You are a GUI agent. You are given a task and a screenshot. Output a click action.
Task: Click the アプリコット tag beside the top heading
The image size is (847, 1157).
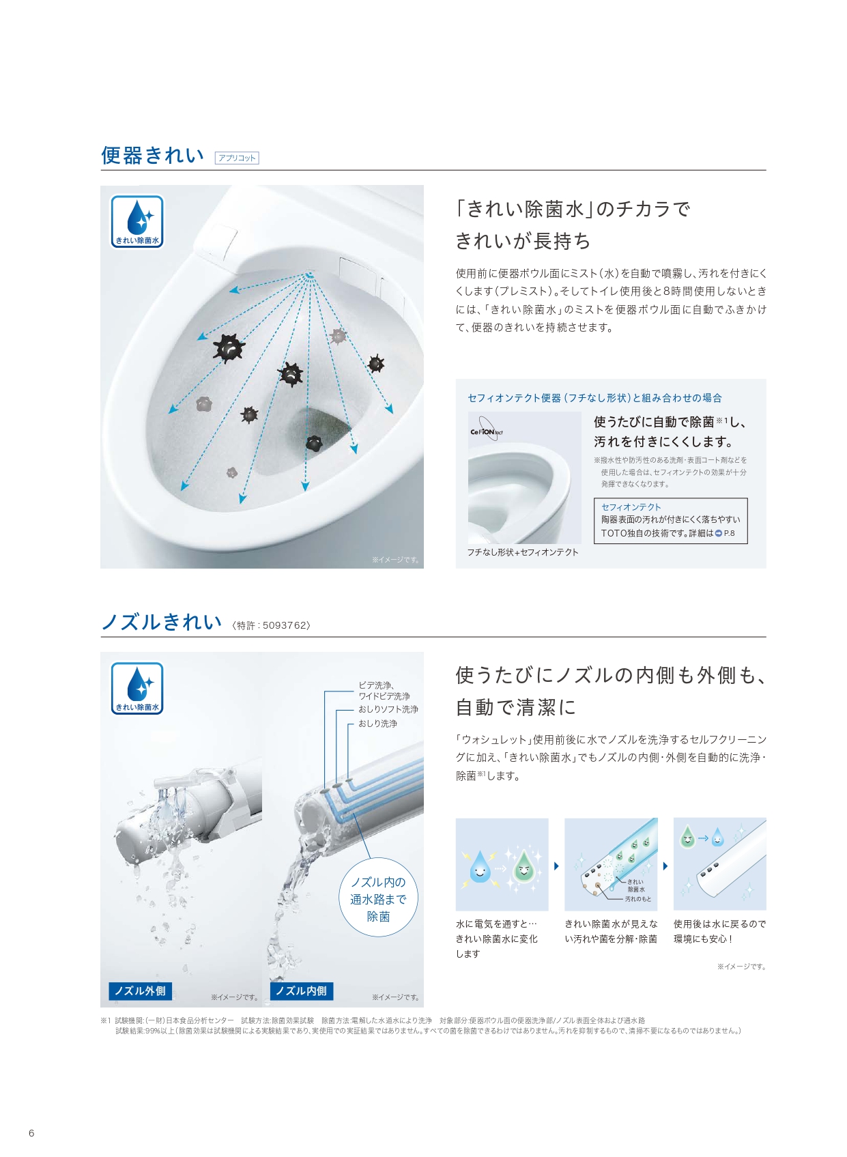(237, 158)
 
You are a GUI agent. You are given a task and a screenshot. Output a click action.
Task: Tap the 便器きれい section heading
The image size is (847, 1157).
(152, 156)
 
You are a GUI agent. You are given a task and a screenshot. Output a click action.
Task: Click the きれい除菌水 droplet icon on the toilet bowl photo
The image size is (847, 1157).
(137, 222)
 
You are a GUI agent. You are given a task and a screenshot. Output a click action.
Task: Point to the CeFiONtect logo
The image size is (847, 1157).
(486, 429)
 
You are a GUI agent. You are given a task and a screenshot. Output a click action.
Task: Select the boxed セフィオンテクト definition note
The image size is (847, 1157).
(670, 521)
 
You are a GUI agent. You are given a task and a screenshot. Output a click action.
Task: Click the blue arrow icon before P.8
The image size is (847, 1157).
(719, 533)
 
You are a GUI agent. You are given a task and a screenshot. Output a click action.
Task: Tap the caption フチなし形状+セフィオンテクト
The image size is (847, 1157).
(523, 552)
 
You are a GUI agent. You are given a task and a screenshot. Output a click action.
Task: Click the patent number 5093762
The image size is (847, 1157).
(284, 625)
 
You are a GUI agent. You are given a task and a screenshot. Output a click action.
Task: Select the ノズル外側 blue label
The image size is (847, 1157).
(140, 990)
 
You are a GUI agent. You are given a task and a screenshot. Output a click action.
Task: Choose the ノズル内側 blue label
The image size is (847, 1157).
(301, 990)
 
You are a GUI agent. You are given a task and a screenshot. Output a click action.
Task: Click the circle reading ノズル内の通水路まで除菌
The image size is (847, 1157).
(378, 899)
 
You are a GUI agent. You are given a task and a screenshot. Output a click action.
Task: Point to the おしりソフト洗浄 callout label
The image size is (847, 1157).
(388, 709)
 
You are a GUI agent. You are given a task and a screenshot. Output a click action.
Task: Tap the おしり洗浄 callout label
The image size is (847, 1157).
(378, 724)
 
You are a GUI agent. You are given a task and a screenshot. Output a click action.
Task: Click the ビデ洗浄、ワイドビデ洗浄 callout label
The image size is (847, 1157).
(384, 691)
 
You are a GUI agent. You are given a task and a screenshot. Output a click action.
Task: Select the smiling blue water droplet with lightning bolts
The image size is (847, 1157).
(480, 866)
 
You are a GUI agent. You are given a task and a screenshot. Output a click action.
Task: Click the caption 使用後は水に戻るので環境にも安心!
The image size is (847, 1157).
(719, 931)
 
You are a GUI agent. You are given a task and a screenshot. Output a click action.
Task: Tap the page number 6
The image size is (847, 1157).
(31, 1133)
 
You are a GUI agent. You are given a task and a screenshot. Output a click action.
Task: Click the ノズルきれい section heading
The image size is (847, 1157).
(162, 622)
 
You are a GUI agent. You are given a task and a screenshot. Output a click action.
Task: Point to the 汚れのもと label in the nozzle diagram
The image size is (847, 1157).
(638, 899)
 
